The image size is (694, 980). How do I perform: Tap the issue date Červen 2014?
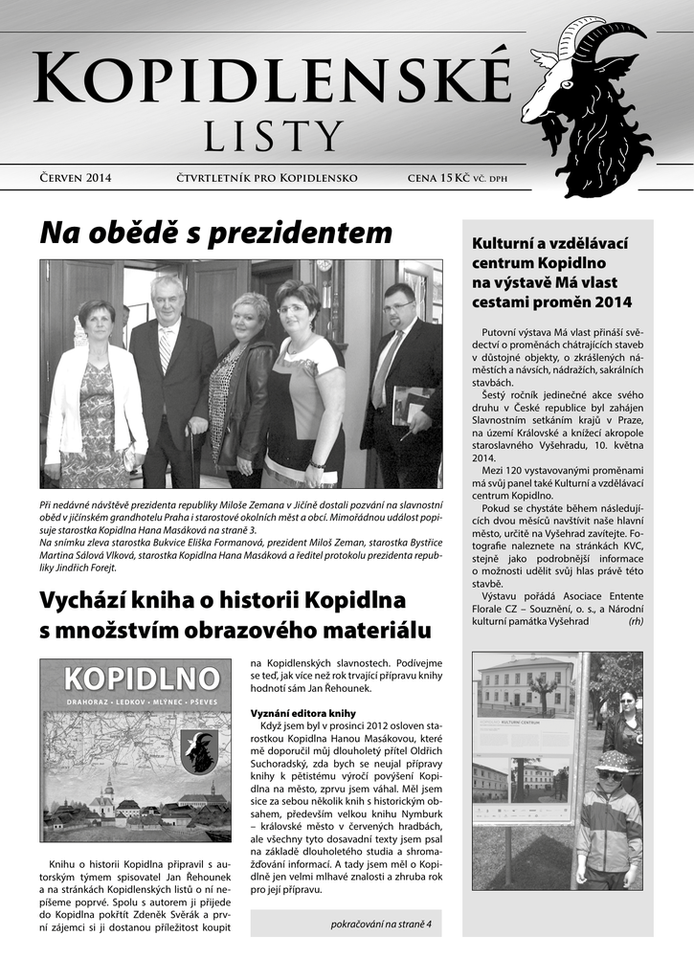tap(76, 178)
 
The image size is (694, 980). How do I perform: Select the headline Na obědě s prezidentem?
tap(216, 233)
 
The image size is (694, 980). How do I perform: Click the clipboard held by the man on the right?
tap(410, 403)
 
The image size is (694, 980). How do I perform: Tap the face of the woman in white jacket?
tap(98, 319)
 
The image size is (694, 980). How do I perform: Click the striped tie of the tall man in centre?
tap(165, 350)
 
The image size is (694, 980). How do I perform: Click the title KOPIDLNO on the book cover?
tap(142, 679)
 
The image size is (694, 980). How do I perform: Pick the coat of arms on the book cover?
tap(198, 750)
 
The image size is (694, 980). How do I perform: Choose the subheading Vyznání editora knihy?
tap(302, 713)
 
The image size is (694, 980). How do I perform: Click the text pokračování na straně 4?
tap(381, 924)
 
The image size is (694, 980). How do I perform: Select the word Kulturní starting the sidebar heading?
tap(503, 241)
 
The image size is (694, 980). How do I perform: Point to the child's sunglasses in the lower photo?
tap(610, 774)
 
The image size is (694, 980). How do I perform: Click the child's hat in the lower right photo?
tap(611, 760)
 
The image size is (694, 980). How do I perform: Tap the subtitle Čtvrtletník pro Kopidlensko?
tap(267, 178)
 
